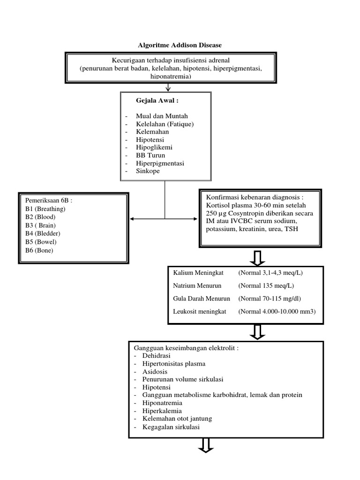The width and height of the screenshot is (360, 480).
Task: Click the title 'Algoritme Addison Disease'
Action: (x=180, y=45)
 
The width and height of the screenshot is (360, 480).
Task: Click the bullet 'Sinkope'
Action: (x=148, y=172)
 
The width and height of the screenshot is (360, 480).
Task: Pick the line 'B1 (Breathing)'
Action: (x=45, y=209)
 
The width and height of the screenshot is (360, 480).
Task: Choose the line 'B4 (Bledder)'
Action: (x=43, y=233)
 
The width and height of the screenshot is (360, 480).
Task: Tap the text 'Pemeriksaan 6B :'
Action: (x=49, y=201)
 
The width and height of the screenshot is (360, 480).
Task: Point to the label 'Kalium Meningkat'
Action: (x=199, y=273)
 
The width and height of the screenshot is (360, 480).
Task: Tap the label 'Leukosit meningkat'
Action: (x=199, y=311)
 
